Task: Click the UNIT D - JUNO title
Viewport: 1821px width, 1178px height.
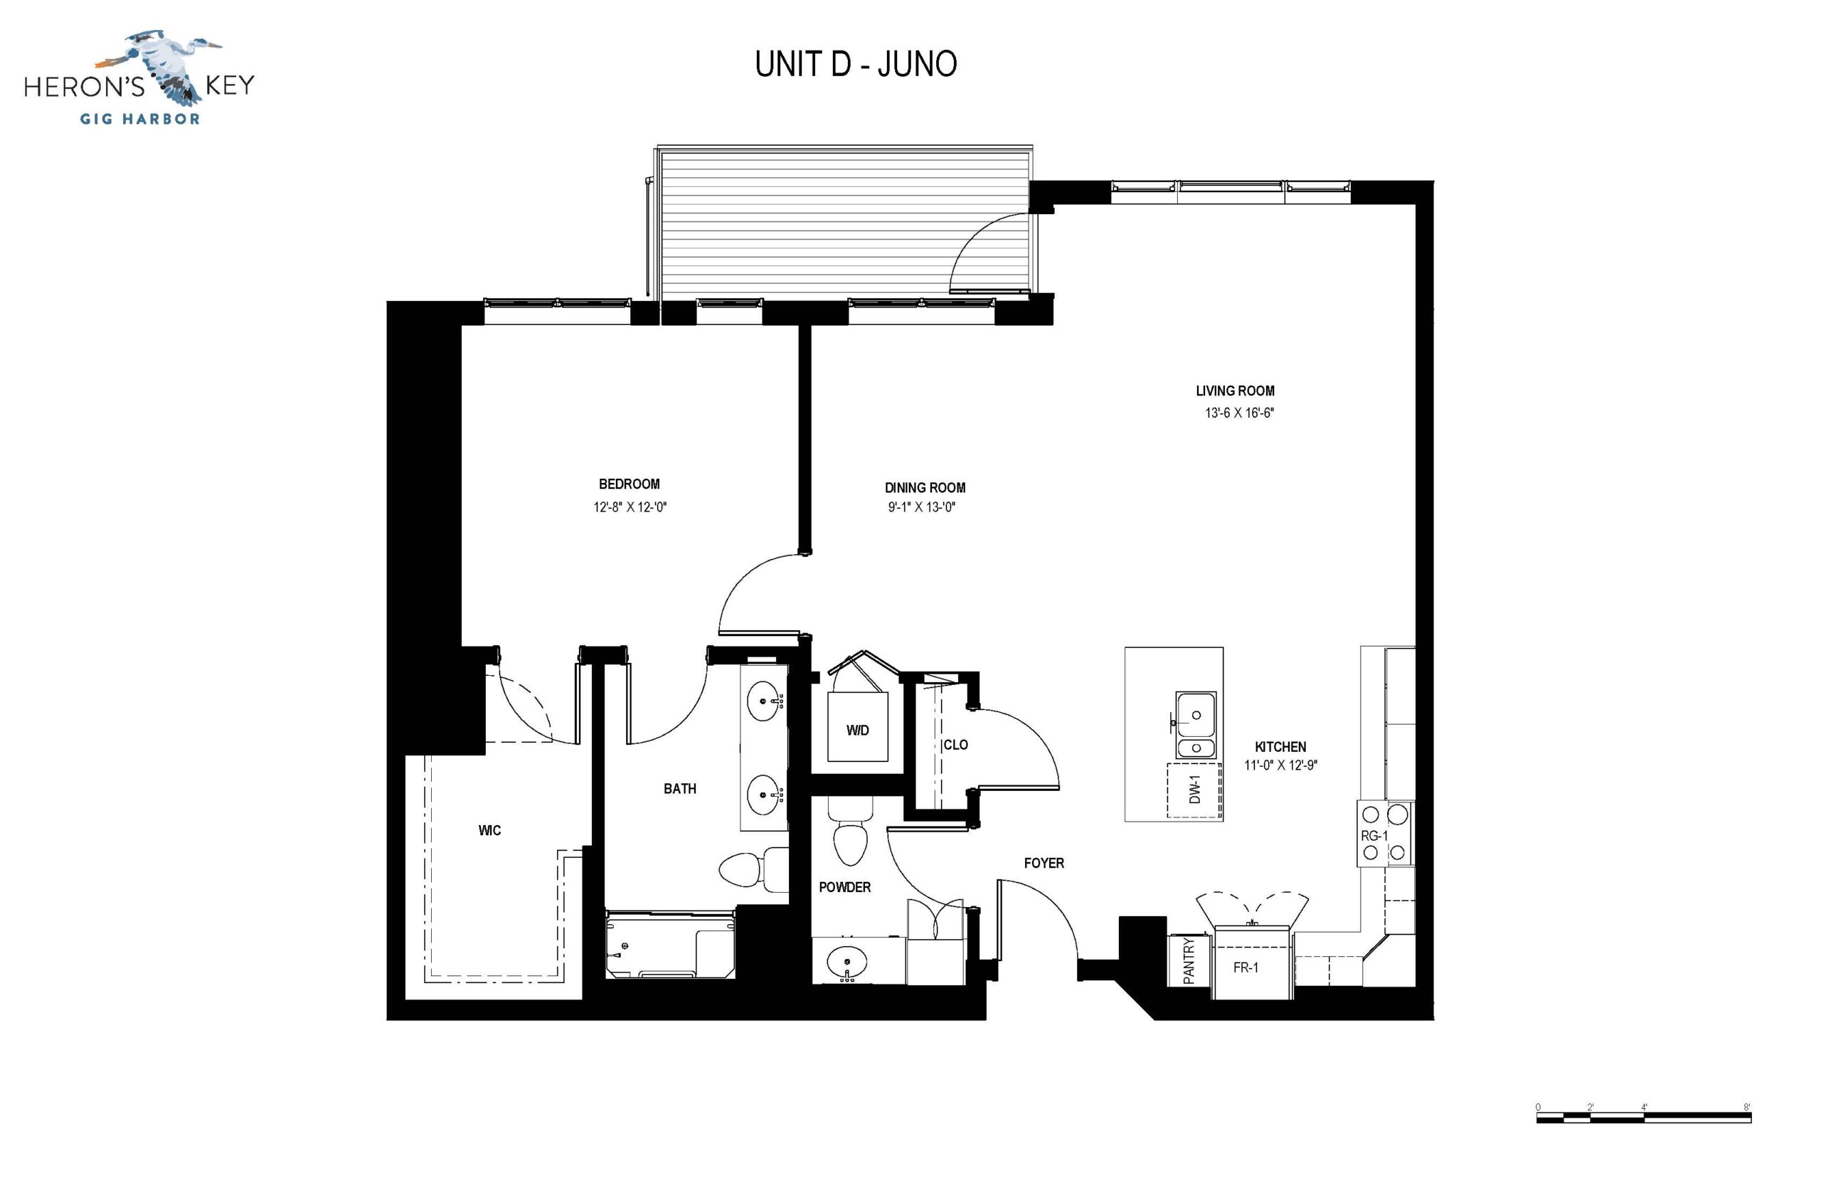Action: (x=855, y=64)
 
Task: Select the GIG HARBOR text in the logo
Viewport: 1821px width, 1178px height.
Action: (x=140, y=119)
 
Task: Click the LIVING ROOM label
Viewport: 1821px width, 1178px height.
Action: (x=1234, y=391)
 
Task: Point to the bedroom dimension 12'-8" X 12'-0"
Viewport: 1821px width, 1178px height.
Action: (x=630, y=507)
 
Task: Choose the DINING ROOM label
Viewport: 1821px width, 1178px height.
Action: (x=925, y=487)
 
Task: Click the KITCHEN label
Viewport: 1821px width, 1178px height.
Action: (x=1280, y=747)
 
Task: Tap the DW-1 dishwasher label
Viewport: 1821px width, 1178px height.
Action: (x=1194, y=790)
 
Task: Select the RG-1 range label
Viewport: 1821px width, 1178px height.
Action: (x=1374, y=836)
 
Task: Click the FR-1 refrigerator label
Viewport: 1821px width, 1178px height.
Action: (x=1246, y=967)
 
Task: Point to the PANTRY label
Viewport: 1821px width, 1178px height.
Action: (x=1189, y=962)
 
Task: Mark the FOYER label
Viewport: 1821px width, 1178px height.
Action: (x=1044, y=863)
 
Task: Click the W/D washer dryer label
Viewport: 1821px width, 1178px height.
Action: (x=857, y=731)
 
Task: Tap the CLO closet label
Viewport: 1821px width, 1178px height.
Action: (x=955, y=745)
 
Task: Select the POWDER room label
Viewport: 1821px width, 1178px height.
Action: (x=844, y=887)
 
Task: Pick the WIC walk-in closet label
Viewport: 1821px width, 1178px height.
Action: (x=489, y=831)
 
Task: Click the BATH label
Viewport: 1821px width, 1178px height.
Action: (x=680, y=789)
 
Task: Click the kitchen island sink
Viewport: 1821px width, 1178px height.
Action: (x=1196, y=724)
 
